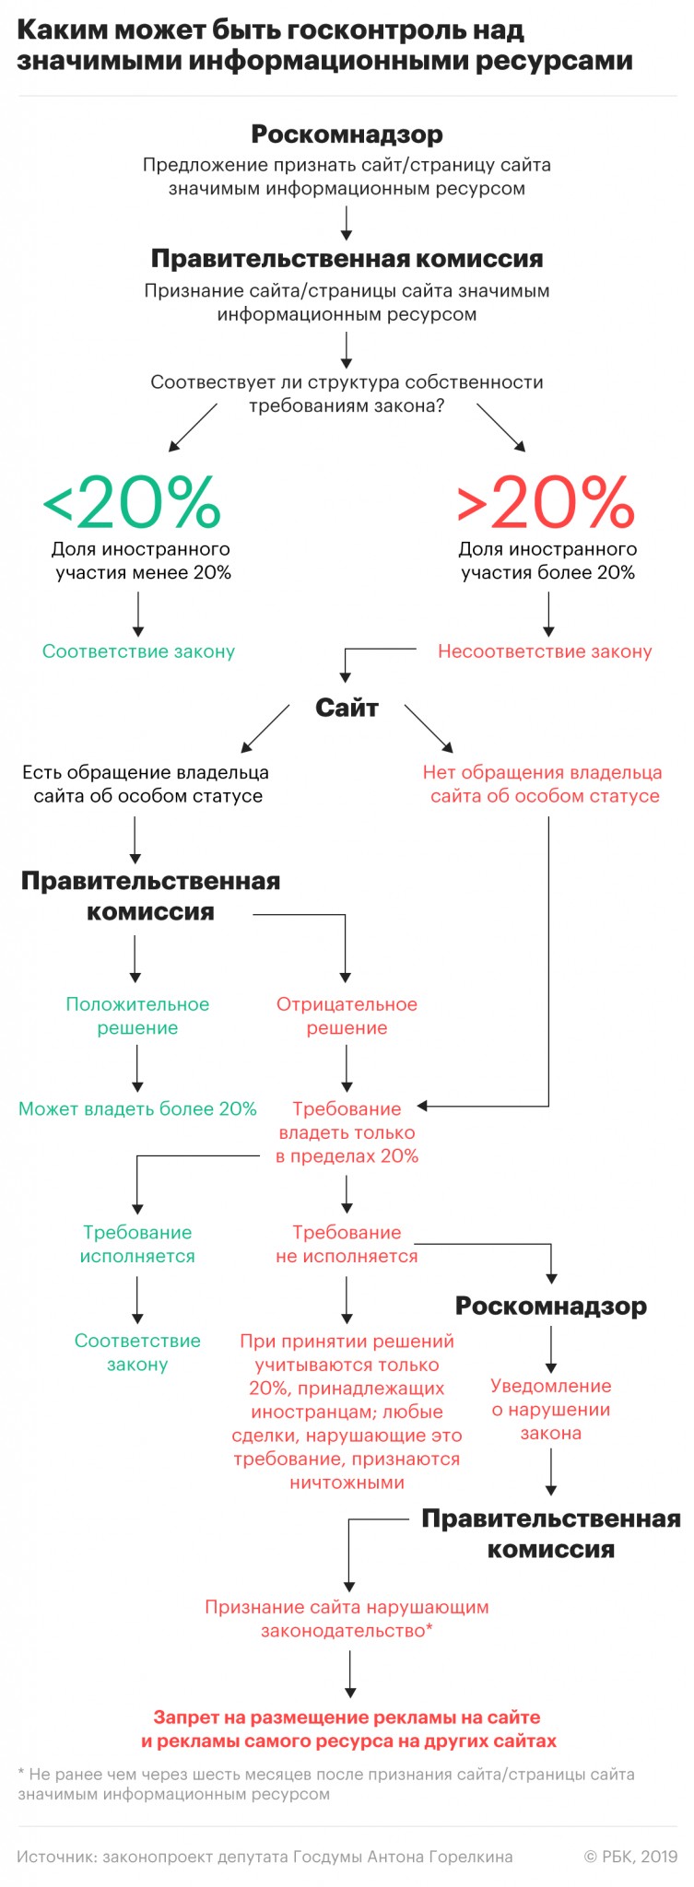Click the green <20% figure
pos(132,502)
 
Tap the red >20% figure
pos(546,502)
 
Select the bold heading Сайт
pos(347,708)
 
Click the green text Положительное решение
pos(137,1015)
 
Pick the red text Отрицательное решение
pos(347,1015)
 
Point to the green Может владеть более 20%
pos(137,1108)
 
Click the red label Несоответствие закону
pos(545,651)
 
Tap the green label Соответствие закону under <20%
pos(138,651)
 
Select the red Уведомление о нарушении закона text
pos(550,1409)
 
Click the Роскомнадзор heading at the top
pos(347,135)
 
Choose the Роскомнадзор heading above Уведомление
pos(550,1306)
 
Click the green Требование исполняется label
pos(137,1244)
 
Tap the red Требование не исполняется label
pos(347,1244)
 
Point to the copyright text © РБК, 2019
pos(630,1857)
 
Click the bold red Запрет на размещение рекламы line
pos(347,1717)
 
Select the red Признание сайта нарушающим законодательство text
pos(347,1619)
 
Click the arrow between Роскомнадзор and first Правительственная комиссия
pos(347,222)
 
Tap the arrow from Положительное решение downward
pos(137,1069)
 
